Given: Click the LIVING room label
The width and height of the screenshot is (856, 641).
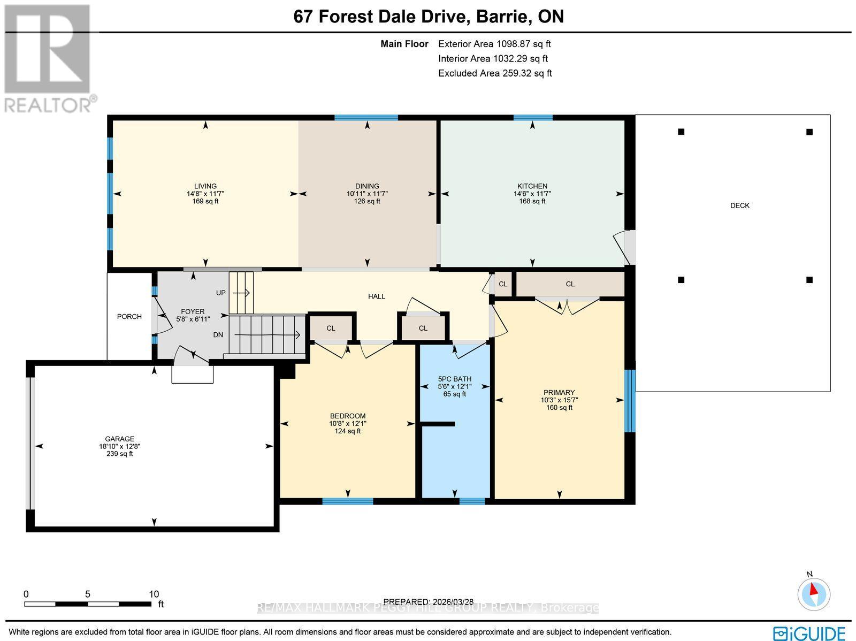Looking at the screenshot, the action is [205, 186].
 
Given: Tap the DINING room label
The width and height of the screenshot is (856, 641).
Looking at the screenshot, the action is [367, 186].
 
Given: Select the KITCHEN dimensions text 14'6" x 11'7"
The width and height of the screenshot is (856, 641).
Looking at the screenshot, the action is [532, 194].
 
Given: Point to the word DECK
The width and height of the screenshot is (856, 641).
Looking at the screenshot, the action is [740, 205].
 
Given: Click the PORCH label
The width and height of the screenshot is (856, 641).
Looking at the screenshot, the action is [129, 317].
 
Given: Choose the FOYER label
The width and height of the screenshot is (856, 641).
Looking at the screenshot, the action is [193, 311].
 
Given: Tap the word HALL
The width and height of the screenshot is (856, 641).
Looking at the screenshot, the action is [377, 296].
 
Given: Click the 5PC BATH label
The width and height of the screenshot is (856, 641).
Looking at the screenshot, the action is [455, 379].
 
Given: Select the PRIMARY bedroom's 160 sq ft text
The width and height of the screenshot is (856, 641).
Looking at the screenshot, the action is [559, 408].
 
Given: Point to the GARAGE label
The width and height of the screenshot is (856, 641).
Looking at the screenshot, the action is [120, 439].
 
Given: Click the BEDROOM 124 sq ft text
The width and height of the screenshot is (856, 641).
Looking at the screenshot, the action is [347, 431].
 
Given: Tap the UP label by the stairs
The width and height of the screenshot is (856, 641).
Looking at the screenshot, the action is [221, 293].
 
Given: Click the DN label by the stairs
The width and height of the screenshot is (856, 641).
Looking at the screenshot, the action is [218, 335].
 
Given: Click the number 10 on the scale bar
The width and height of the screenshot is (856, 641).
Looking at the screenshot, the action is [154, 594].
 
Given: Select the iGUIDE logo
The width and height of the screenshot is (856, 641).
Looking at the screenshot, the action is [809, 633].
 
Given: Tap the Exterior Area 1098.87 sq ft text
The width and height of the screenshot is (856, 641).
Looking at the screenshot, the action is [494, 44].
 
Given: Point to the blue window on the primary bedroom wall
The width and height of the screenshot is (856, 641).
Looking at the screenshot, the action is [630, 401].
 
